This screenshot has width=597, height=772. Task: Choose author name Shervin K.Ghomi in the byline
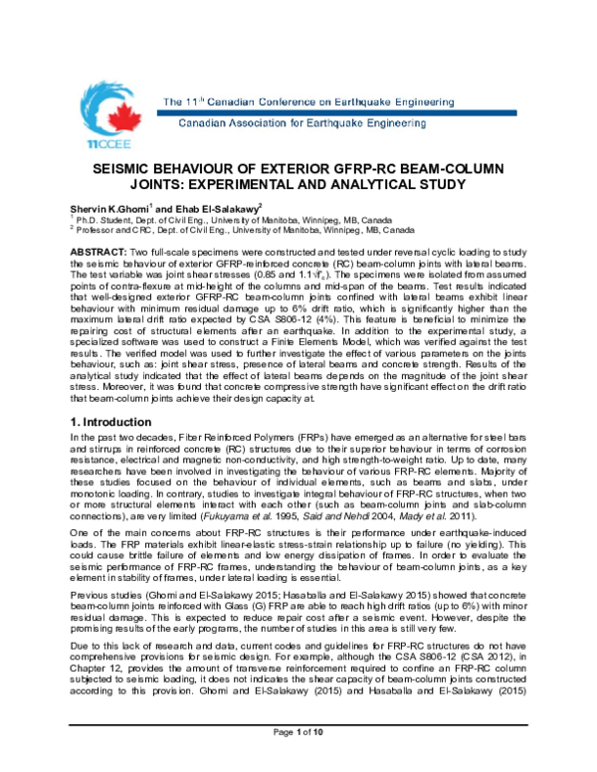(113, 206)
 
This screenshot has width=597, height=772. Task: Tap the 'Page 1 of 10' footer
(298, 759)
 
